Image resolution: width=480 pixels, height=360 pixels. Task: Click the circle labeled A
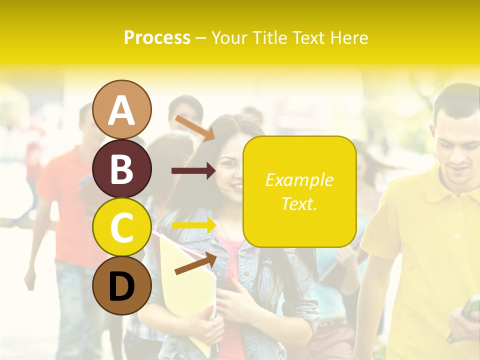[x=122, y=109]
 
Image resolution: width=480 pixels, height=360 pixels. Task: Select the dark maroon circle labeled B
[x=122, y=168]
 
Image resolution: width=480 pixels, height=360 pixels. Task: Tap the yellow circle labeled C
[x=122, y=227]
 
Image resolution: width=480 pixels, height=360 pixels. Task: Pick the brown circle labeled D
[x=122, y=286]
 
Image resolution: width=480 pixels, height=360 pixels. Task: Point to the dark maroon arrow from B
[x=193, y=171]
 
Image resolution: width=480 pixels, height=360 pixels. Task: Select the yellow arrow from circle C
[x=193, y=225]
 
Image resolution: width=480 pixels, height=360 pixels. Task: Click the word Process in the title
[x=157, y=37]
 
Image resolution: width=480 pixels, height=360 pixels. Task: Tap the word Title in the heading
[x=270, y=37]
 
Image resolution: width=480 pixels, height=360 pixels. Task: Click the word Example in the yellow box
[x=299, y=180]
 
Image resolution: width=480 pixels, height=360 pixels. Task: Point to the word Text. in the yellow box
[x=299, y=203]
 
